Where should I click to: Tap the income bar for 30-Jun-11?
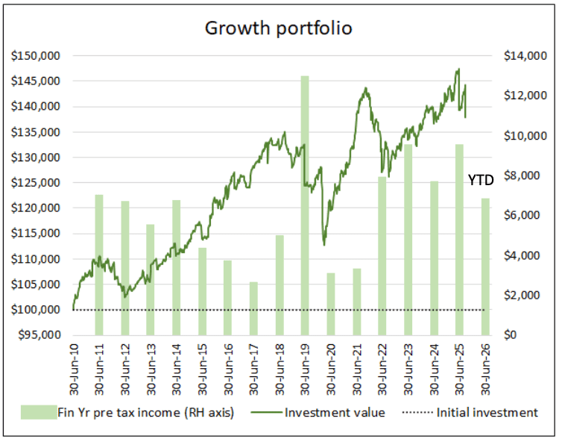(99, 265)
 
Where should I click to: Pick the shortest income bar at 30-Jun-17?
(253, 308)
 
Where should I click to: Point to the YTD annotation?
(481, 180)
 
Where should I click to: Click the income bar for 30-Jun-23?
(408, 240)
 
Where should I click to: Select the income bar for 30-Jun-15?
(201, 291)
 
